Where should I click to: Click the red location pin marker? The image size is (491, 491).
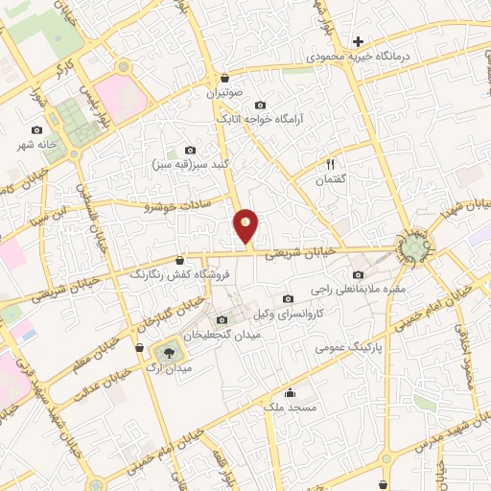[246, 226]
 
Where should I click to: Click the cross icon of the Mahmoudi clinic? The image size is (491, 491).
[358, 41]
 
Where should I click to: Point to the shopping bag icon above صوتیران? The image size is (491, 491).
[224, 79]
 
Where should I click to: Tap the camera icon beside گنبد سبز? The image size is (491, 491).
[190, 150]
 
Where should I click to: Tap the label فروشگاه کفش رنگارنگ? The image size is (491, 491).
[180, 274]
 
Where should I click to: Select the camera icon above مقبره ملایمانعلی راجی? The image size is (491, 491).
[359, 274]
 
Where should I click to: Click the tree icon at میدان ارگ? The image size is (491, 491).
[171, 352]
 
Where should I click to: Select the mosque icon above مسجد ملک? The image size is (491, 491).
[291, 391]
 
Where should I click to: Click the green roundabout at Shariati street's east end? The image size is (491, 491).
[415, 246]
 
